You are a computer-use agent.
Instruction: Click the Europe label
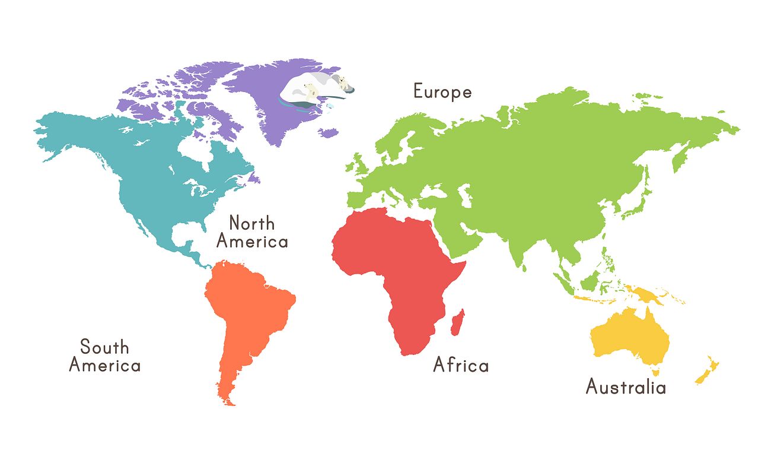442,92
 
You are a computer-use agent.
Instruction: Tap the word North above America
252,224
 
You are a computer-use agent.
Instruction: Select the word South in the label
104,347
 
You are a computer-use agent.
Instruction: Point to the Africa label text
461,364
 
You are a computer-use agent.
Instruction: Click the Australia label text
626,387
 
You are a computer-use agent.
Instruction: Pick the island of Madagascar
458,322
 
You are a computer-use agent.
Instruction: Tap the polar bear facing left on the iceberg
310,90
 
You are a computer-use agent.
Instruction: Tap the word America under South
104,364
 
